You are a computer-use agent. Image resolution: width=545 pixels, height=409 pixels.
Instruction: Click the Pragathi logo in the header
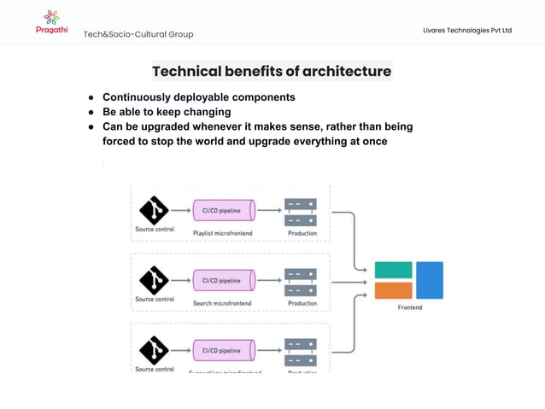pyautogui.click(x=51, y=21)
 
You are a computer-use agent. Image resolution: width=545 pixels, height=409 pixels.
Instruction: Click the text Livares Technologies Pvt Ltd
pyautogui.click(x=467, y=31)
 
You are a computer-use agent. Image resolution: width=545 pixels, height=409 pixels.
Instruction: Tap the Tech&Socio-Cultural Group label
pyautogui.click(x=138, y=34)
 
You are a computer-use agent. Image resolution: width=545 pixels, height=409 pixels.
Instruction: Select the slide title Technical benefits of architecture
pyautogui.click(x=272, y=71)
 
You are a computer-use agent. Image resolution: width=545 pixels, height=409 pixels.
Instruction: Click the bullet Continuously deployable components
pyautogui.click(x=198, y=97)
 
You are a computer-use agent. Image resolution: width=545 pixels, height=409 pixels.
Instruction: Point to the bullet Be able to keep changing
pyautogui.click(x=167, y=112)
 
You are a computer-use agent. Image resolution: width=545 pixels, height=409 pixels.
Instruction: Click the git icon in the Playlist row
pyautogui.click(x=154, y=209)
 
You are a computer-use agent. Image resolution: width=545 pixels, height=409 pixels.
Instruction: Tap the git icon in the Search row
pyautogui.click(x=154, y=279)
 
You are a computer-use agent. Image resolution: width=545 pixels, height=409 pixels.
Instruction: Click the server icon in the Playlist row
pyautogui.click(x=301, y=211)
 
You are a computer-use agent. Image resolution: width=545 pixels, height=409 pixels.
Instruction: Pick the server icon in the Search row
pyautogui.click(x=301, y=281)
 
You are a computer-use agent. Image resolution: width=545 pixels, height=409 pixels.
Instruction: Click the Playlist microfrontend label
pyautogui.click(x=222, y=233)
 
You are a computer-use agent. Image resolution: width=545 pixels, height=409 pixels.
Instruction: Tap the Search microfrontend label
pyautogui.click(x=222, y=303)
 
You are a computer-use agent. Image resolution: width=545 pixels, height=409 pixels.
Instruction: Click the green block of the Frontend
pyautogui.click(x=393, y=270)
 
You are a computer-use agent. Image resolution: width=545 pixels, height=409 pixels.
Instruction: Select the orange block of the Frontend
pyautogui.click(x=393, y=290)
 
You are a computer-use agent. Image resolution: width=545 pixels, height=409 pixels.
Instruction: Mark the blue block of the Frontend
pyautogui.click(x=430, y=280)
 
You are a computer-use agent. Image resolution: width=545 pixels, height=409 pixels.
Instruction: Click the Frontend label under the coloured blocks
pyautogui.click(x=410, y=307)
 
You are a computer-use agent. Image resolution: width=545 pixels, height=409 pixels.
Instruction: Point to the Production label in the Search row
pyautogui.click(x=302, y=303)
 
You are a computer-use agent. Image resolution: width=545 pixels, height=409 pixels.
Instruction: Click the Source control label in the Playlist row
pyautogui.click(x=155, y=229)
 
